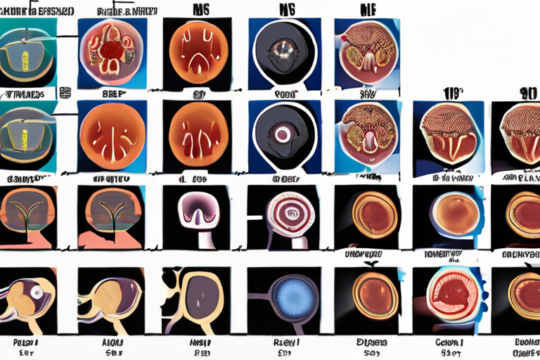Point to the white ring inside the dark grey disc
tap(283, 133)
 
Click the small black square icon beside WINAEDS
tap(67, 92)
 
